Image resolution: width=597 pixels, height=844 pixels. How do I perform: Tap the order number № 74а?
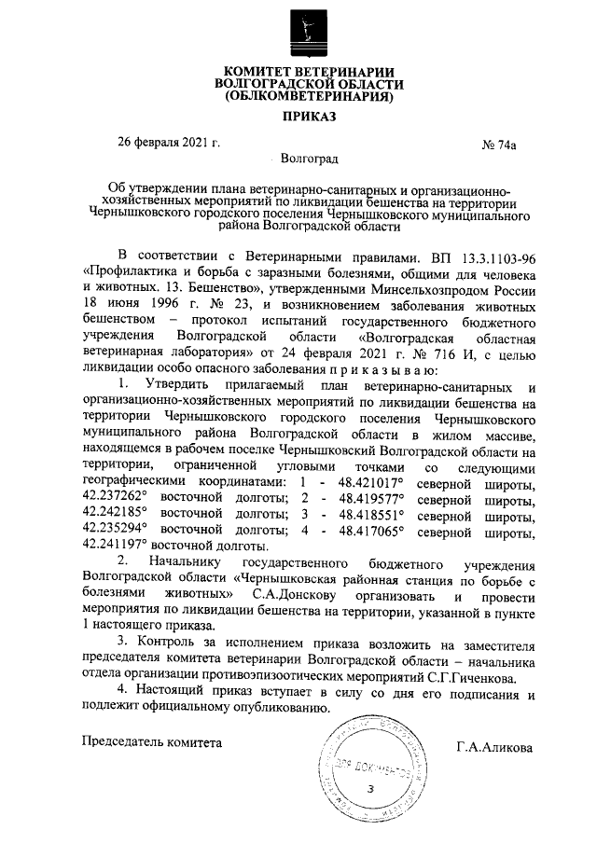(x=498, y=145)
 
